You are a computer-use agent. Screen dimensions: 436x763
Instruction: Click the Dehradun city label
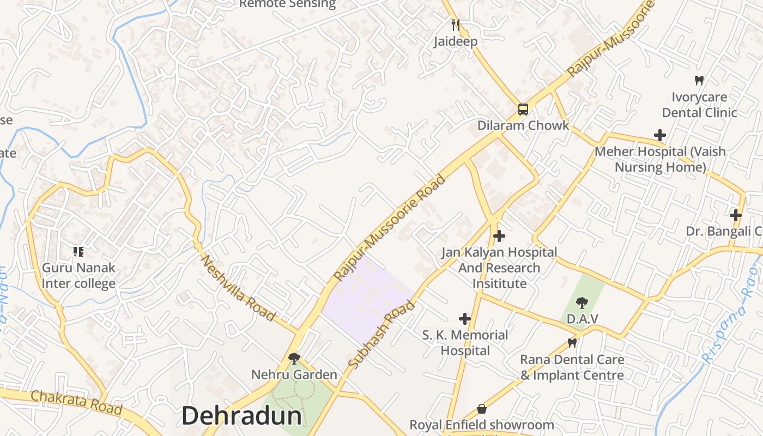(241, 416)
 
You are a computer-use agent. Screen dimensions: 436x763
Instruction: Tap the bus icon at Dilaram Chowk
(523, 110)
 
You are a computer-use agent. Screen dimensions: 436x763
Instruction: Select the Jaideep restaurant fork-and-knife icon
(456, 25)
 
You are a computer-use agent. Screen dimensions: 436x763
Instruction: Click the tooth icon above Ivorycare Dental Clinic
(699, 81)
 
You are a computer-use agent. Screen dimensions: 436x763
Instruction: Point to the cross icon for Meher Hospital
(660, 135)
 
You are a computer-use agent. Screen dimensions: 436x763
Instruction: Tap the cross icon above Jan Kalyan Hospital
(499, 236)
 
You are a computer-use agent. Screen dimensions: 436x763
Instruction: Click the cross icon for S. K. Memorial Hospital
(465, 318)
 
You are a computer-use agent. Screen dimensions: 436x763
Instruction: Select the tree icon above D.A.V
(582, 302)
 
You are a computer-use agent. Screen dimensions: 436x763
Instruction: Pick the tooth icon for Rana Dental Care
(572, 343)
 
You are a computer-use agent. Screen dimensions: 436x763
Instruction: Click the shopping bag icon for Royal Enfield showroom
(482, 409)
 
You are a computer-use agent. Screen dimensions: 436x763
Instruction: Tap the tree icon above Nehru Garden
(294, 358)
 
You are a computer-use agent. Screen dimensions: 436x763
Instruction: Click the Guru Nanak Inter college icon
(78, 252)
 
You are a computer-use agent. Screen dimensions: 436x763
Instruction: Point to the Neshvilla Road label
(238, 288)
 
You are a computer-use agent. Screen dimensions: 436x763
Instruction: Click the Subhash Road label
(381, 335)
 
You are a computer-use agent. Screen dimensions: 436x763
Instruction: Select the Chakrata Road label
(76, 402)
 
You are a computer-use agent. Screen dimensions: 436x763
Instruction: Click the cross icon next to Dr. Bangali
(736, 215)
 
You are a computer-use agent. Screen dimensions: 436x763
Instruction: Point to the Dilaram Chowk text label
(523, 125)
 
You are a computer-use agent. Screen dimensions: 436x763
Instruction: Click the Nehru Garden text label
(294, 375)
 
